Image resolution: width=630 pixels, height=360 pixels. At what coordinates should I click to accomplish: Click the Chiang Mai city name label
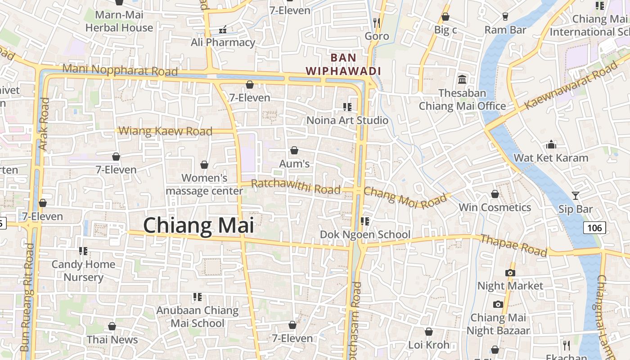(x=198, y=225)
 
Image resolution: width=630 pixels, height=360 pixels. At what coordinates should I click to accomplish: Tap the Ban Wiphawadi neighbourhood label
(x=343, y=64)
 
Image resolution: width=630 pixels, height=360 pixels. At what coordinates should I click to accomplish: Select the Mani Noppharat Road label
(x=120, y=70)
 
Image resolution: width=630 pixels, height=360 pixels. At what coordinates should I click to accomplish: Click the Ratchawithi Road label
(x=296, y=187)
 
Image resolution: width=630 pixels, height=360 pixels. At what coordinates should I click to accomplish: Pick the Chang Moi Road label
(x=405, y=197)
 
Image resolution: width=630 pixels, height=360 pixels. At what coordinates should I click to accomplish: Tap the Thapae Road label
(x=513, y=245)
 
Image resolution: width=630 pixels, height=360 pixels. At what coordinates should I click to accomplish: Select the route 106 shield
(x=594, y=228)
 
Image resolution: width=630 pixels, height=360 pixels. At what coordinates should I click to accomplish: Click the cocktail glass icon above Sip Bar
(x=575, y=195)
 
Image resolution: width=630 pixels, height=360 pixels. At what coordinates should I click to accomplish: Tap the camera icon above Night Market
(x=510, y=273)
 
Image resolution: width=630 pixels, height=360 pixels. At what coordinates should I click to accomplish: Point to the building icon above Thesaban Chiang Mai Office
(x=462, y=80)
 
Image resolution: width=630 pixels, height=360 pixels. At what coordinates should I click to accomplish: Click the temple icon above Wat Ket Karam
(x=551, y=145)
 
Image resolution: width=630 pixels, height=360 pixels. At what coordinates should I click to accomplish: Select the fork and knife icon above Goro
(x=377, y=22)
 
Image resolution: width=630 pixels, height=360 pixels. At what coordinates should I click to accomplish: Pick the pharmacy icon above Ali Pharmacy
(x=222, y=30)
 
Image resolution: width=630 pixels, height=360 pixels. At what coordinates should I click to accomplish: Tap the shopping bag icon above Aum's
(x=294, y=150)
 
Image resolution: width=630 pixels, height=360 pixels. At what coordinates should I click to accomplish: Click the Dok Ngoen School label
(x=365, y=234)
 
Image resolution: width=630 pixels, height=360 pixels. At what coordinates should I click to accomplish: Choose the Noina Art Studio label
(x=347, y=120)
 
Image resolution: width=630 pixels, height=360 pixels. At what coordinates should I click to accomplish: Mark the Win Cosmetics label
(x=495, y=207)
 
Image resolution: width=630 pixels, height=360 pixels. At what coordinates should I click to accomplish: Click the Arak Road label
(x=44, y=124)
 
